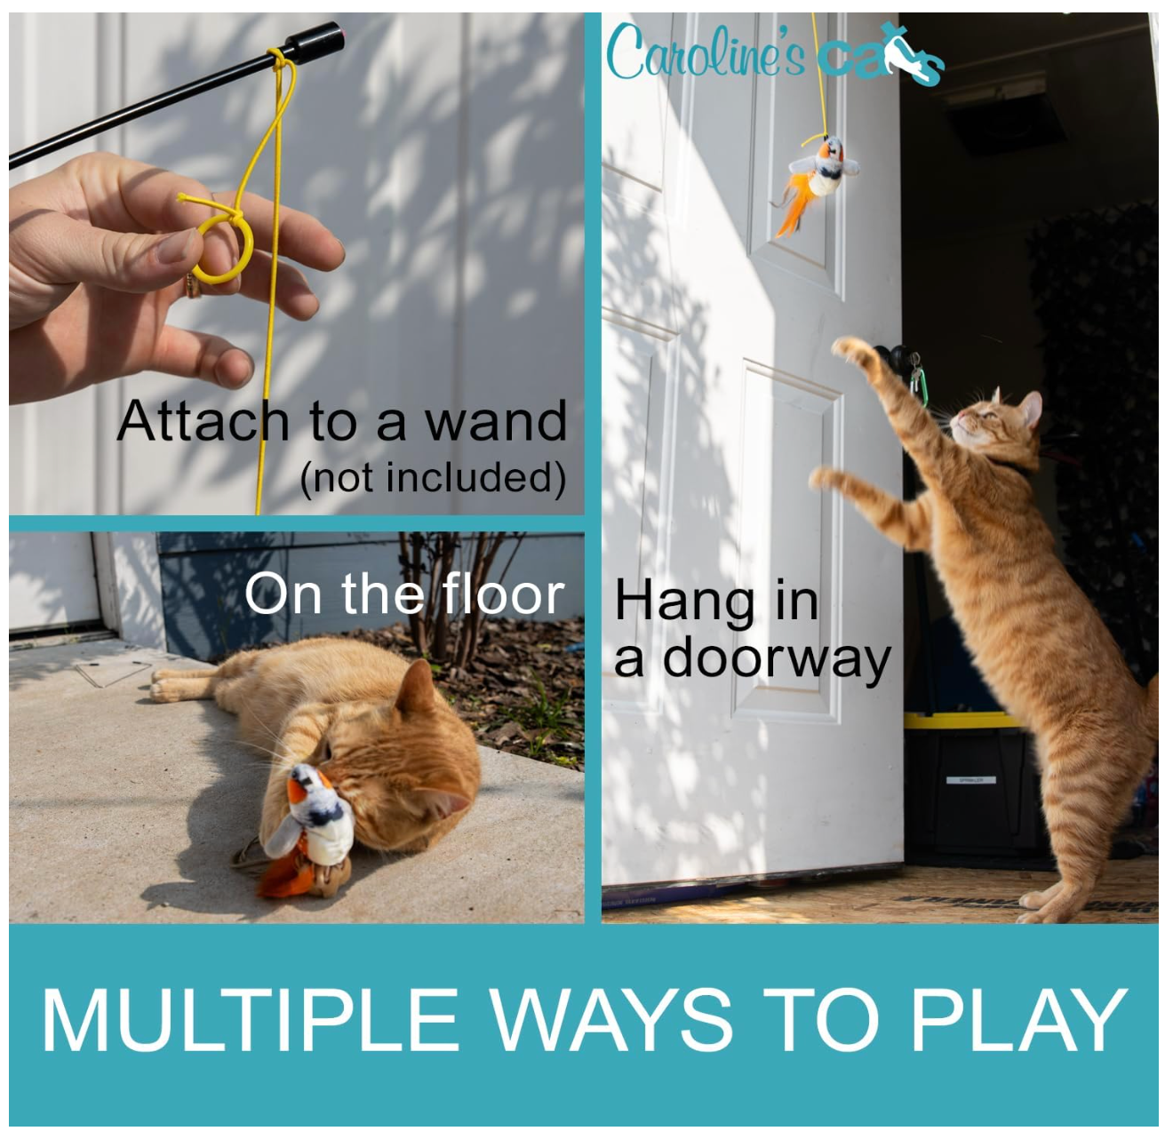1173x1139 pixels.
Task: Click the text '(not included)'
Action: click(x=433, y=478)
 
